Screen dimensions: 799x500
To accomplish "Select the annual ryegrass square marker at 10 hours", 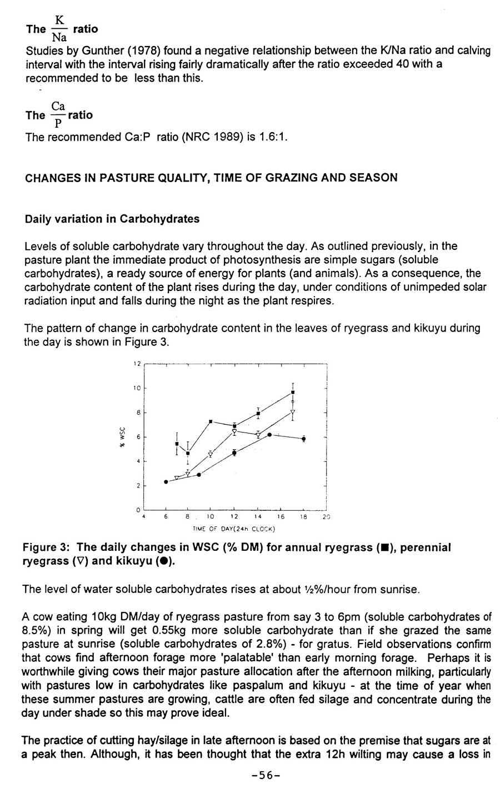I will (x=211, y=421).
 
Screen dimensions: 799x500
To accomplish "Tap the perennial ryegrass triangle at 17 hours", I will (x=293, y=412).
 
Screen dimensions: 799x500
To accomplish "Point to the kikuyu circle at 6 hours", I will (x=166, y=481).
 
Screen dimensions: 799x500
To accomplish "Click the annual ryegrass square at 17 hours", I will (x=293, y=392).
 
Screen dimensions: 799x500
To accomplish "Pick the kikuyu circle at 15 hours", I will (x=269, y=434).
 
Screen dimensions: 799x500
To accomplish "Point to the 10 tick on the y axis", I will (x=137, y=388).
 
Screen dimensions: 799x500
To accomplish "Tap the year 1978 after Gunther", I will (x=129, y=51).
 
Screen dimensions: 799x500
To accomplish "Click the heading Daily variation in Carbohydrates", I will (x=112, y=219).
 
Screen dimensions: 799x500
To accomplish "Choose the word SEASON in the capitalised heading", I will (x=373, y=178).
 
